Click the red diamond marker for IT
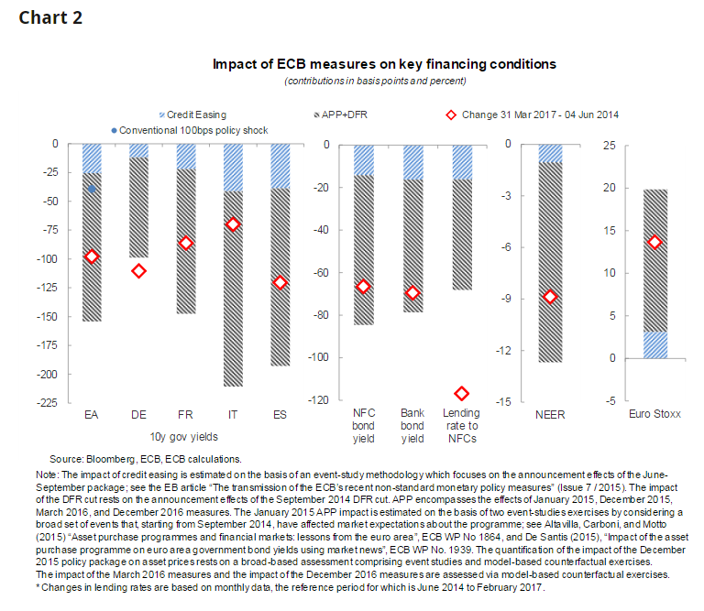233,224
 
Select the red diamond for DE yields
138,271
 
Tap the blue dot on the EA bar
92,189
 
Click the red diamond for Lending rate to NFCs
461,393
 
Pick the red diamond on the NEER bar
550,297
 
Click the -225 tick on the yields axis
47,402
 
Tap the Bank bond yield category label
413,425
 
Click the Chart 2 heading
50,18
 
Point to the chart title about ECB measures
384,65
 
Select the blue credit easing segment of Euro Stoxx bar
654,344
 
